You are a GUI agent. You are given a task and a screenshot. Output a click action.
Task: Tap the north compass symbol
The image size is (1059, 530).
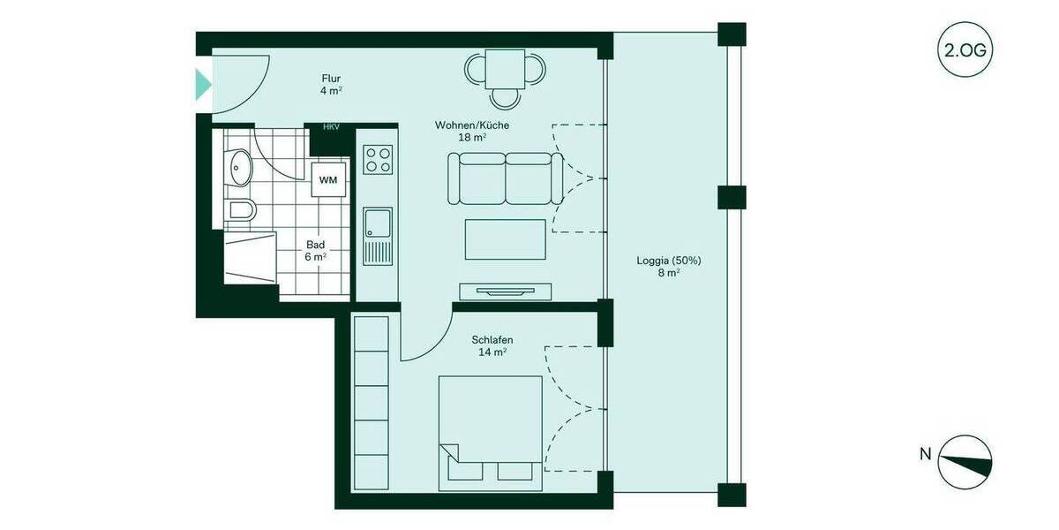pyautogui.click(x=965, y=462)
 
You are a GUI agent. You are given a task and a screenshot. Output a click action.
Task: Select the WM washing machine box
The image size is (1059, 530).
pyautogui.click(x=328, y=180)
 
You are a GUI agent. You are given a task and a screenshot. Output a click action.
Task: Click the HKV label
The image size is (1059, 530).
pyautogui.click(x=331, y=127)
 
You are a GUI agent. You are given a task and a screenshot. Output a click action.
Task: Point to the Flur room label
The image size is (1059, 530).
pyautogui.click(x=331, y=84)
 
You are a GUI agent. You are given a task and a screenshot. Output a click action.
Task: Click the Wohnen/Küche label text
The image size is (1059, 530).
pyautogui.click(x=471, y=131)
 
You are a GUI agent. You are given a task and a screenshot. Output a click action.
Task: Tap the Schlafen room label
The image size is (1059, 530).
pyautogui.click(x=492, y=345)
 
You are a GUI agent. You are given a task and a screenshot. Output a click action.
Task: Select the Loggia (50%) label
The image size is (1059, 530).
pyautogui.click(x=668, y=266)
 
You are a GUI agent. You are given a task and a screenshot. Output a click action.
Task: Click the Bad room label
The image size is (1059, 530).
pyautogui.click(x=316, y=250)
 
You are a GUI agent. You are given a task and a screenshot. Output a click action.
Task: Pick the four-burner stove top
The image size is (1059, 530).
pyautogui.click(x=378, y=160)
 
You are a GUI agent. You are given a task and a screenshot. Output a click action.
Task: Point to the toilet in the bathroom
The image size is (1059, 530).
pyautogui.click(x=240, y=210)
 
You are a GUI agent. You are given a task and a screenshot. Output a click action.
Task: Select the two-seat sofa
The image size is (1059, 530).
pyautogui.click(x=505, y=178)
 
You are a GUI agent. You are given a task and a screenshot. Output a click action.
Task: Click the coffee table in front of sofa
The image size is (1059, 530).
pyautogui.click(x=505, y=238)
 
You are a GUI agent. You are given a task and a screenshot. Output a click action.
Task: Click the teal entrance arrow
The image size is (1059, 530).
pyautogui.click(x=203, y=85)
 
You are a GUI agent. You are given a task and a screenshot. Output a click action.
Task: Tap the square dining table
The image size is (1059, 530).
pyautogui.click(x=507, y=67)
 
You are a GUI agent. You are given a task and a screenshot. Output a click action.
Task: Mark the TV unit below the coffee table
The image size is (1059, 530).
pyautogui.click(x=505, y=290)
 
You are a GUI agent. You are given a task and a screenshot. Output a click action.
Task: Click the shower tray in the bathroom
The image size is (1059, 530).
pyautogui.click(x=251, y=259)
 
